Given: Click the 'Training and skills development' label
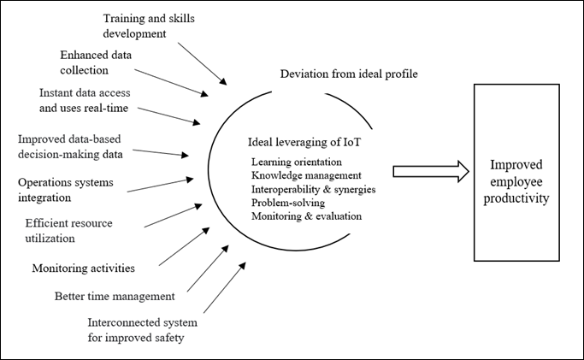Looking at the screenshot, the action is point(149,26).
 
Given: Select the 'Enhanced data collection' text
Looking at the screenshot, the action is point(96,62).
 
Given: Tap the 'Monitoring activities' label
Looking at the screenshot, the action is point(84,268).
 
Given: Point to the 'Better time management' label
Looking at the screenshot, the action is point(115,297).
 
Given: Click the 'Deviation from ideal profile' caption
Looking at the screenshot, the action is point(349,74).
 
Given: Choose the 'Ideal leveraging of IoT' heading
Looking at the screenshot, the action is point(304,142).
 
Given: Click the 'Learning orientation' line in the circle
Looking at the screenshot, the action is point(297,162).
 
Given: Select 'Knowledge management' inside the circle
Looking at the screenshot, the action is point(306,175).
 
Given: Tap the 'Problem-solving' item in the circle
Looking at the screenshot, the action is point(288,203).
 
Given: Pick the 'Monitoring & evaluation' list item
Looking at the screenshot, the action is point(306,216).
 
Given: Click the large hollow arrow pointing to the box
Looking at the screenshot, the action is point(431,172).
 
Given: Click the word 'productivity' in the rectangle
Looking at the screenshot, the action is point(516,198).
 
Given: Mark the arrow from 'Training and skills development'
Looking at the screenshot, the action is point(202,63).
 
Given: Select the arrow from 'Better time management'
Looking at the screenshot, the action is point(208,269).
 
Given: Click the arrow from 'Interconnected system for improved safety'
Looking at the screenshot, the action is point(225,287).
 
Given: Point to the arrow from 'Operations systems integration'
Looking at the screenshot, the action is point(160,186).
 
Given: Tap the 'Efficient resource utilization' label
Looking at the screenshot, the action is point(69,230).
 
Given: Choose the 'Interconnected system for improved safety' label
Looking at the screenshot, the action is point(143,330).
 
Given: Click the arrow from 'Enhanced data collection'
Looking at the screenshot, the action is point(171,83).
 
